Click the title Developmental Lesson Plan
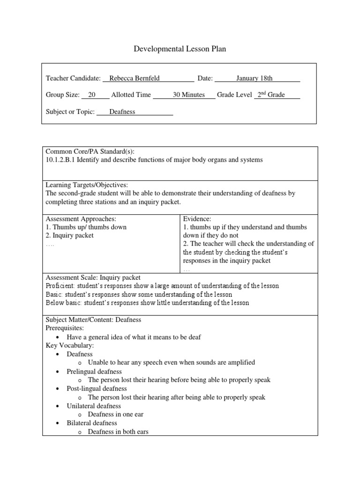180,49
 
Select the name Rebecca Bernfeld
135,78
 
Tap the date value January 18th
254,78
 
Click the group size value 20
92,95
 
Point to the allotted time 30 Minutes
188,95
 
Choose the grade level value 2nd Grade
270,95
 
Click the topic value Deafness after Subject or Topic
122,112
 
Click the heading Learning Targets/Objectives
86,185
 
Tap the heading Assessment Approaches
81,218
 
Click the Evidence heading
197,218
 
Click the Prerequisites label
64,328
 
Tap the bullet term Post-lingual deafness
97,389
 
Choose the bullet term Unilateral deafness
94,406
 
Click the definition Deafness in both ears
118,431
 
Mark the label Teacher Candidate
73,78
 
